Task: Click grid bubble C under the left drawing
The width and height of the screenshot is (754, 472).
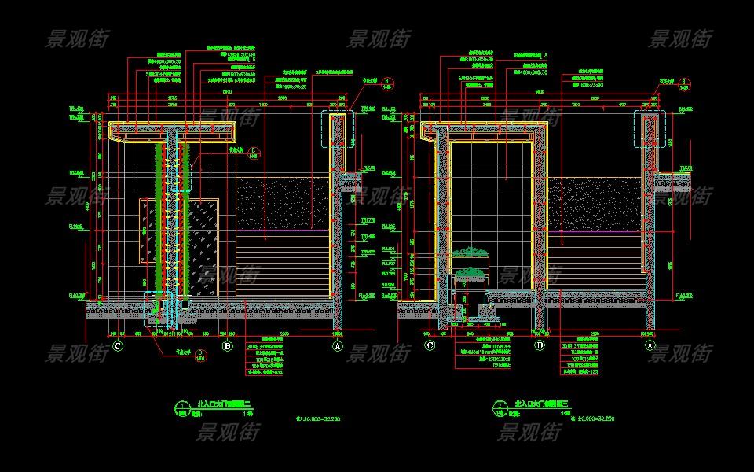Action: point(118,345)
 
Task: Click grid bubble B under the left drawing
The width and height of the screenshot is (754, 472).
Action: point(227,345)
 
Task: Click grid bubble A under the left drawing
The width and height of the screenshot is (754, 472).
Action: point(338,345)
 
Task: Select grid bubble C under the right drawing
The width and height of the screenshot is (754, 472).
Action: point(430,345)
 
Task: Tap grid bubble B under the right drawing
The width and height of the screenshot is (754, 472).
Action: point(540,345)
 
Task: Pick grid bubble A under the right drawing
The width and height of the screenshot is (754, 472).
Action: point(650,345)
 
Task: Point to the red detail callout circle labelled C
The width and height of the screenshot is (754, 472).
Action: point(252,153)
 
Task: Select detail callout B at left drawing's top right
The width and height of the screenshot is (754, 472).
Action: point(368,83)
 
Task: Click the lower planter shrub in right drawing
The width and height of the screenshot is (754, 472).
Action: point(470,274)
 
